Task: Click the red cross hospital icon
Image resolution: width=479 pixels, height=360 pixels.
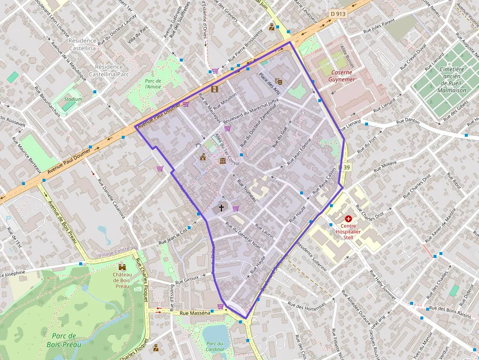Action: click(348, 220)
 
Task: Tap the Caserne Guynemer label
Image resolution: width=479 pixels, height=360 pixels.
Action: click(340, 75)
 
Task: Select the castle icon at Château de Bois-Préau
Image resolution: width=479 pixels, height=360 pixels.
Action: click(122, 267)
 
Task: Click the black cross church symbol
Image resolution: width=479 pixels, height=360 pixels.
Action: click(221, 208)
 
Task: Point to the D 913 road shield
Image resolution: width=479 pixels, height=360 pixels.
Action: click(337, 14)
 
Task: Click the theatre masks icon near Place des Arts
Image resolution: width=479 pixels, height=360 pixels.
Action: click(279, 81)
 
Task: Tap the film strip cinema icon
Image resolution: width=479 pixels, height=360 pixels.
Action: click(215, 88)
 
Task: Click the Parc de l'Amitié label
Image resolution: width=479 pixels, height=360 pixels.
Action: click(152, 84)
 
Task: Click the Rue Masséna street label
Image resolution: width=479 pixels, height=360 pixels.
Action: click(195, 313)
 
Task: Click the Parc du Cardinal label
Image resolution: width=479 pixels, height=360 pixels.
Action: click(215, 346)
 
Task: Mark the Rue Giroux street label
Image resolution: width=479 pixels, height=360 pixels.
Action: click(187, 279)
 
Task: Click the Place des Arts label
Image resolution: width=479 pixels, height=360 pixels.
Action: click(269, 84)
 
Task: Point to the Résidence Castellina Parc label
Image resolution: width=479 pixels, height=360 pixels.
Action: click(109, 70)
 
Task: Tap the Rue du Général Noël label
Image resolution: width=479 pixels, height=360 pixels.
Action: click(243, 235)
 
